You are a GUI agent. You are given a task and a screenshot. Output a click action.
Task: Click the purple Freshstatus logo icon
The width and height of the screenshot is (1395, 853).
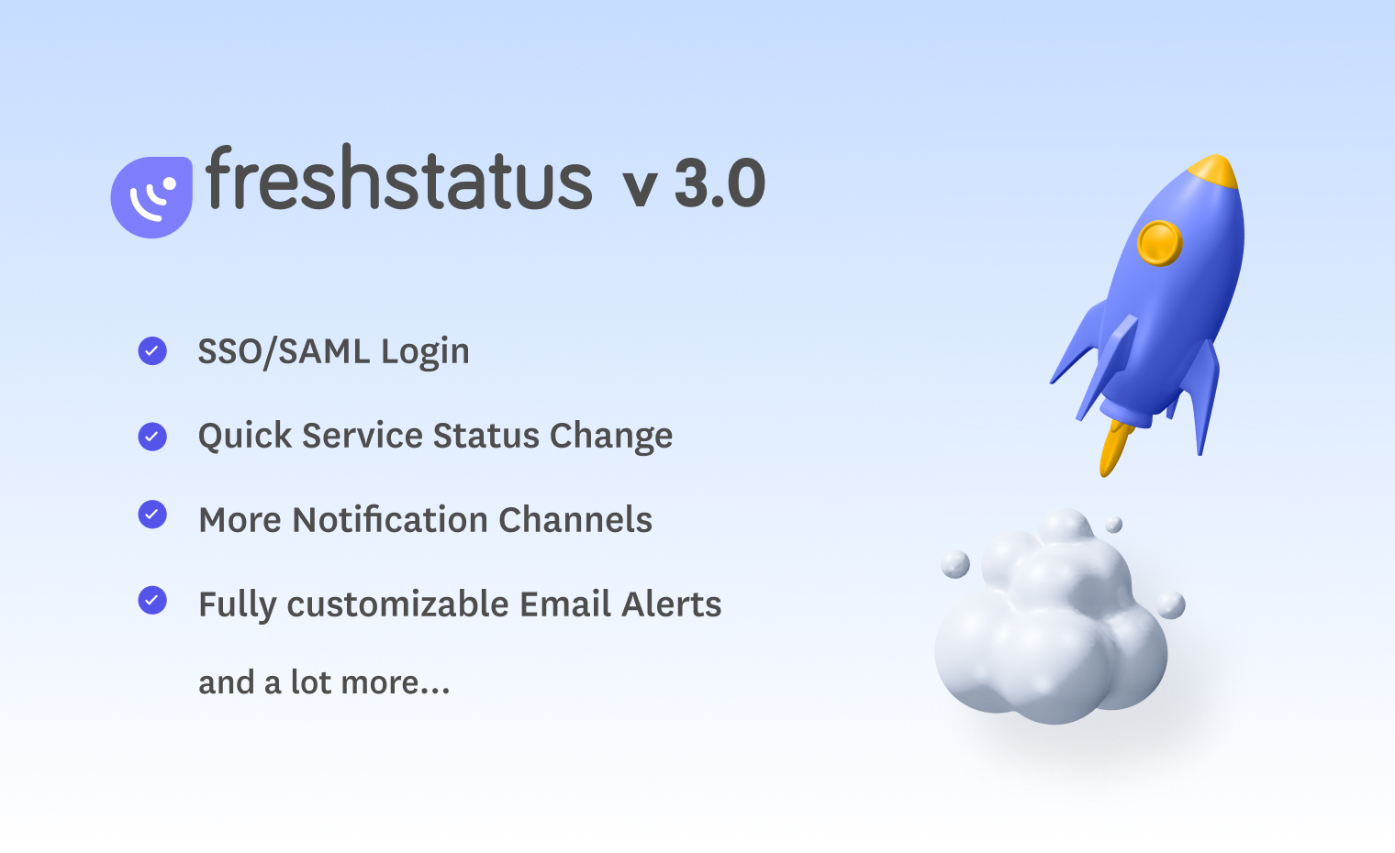[x=151, y=196]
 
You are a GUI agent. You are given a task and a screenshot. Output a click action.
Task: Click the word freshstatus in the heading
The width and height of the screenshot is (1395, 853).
[x=398, y=179]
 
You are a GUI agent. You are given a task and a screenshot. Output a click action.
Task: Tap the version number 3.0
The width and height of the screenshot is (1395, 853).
[x=720, y=183]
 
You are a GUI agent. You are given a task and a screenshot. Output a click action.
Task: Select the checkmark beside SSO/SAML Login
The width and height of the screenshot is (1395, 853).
[x=152, y=351]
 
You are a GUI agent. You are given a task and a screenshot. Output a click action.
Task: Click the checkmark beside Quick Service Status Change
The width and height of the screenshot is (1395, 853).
[x=152, y=437]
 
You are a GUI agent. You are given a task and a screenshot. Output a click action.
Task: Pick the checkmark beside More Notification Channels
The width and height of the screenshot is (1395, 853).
[x=152, y=515]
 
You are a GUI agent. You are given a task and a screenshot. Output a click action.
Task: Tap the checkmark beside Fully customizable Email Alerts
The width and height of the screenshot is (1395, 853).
[x=152, y=601]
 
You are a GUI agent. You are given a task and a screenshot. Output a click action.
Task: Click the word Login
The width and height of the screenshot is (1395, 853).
[x=425, y=353]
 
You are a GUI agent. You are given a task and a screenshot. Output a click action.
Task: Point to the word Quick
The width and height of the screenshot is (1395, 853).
[x=245, y=436]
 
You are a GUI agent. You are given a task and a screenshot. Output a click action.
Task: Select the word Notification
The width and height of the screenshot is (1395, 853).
[x=390, y=519]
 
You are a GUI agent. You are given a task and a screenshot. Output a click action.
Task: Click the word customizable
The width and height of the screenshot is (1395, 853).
[x=397, y=604]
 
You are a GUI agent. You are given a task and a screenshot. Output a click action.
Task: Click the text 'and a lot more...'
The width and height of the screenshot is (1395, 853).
[x=324, y=682]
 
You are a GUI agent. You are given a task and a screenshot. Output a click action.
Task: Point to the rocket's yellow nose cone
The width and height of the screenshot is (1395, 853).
[x=1213, y=171]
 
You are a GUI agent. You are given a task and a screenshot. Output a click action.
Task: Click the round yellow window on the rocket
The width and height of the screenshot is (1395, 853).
[x=1160, y=243]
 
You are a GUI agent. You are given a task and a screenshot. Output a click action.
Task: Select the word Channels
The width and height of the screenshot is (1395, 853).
[x=575, y=519]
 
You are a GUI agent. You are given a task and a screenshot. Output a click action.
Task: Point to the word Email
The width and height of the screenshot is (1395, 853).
[x=565, y=604]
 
